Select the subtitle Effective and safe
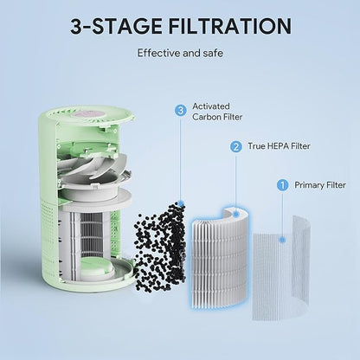(x=179, y=53)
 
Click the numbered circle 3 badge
(x=180, y=110)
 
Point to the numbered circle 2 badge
(x=235, y=146)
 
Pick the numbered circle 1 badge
(x=281, y=184)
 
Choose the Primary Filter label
(x=319, y=184)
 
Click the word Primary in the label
(x=310, y=184)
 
